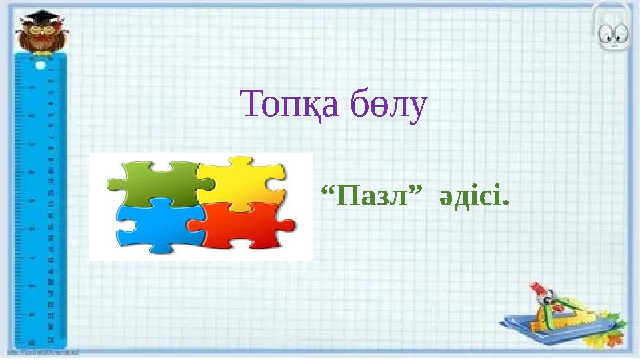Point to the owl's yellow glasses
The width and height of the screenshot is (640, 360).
coord(39,31)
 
